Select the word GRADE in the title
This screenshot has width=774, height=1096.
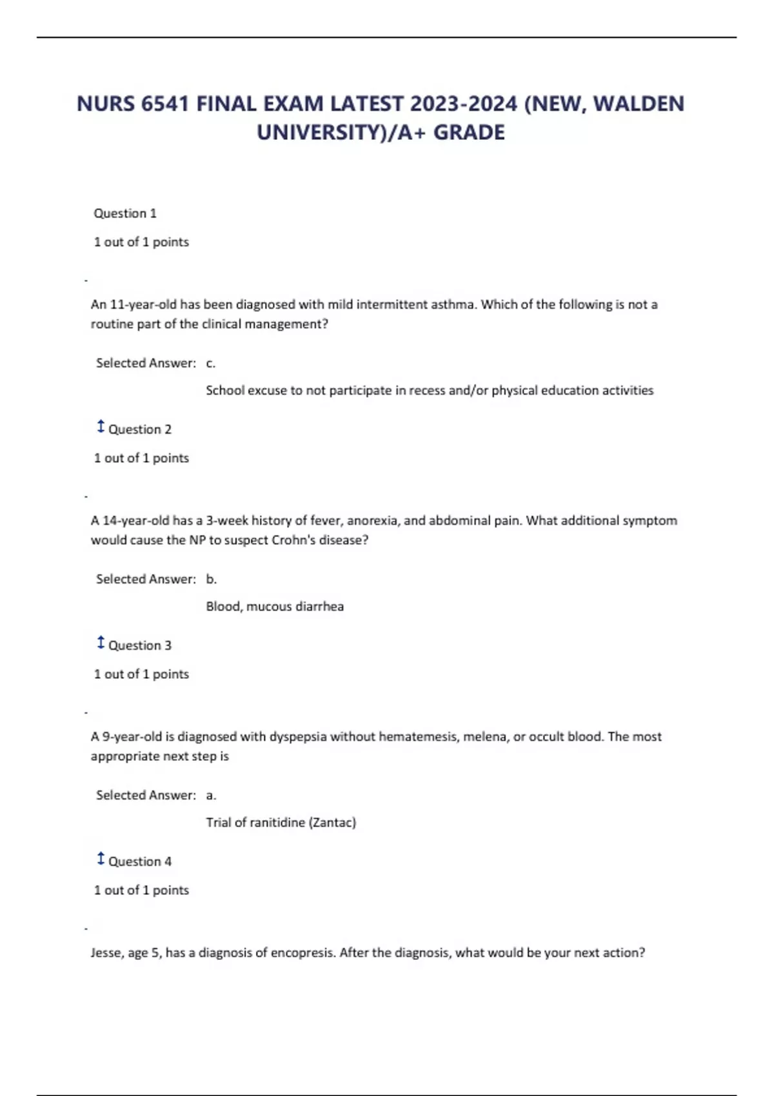point(469,133)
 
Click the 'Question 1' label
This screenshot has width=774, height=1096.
point(125,213)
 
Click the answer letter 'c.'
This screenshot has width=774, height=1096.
point(211,363)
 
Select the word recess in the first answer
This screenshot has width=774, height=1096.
point(420,390)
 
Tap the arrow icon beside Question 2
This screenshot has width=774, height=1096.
point(101,427)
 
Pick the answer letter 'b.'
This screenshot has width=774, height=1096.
point(212,579)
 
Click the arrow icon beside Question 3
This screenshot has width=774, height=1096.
point(101,643)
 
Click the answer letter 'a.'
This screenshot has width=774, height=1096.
point(211,795)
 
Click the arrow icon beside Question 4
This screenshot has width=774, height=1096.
point(101,859)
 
